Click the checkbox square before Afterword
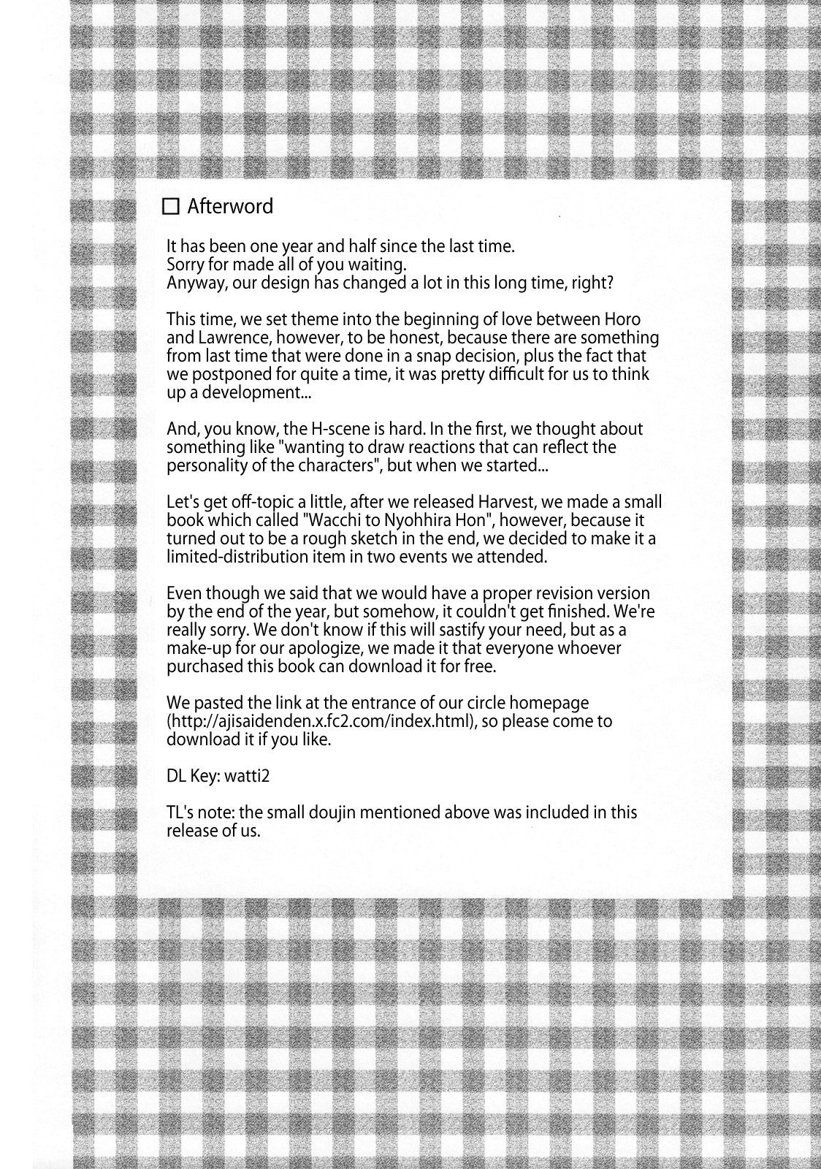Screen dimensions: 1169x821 pyautogui.click(x=171, y=207)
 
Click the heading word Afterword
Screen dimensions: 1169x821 pyautogui.click(x=230, y=207)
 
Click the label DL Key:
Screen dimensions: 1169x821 pyautogui.click(x=193, y=776)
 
